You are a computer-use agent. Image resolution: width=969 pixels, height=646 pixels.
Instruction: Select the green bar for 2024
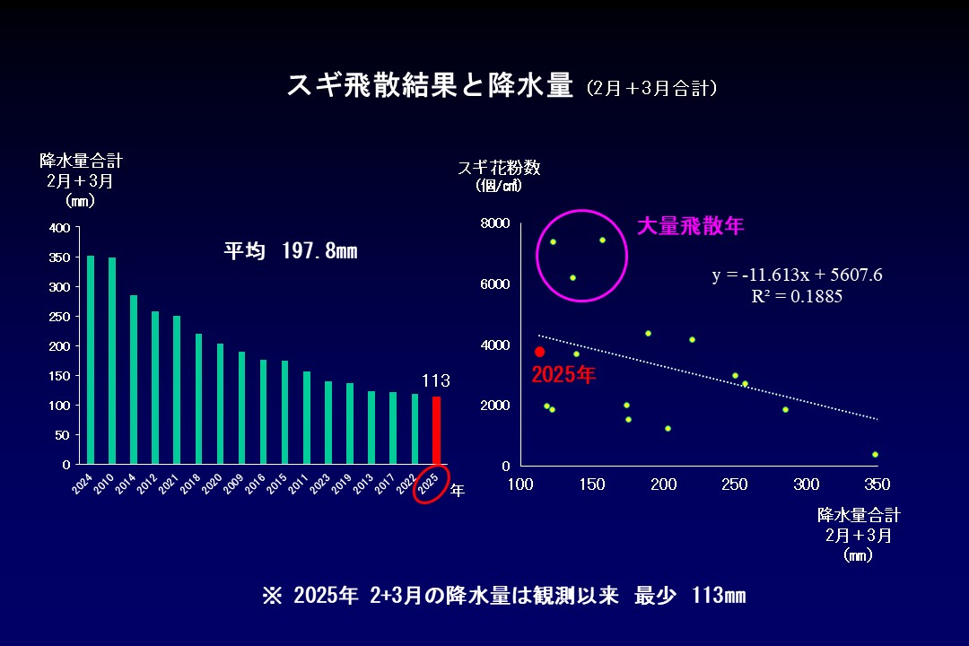91,360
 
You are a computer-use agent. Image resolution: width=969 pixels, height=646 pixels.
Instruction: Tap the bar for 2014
134,380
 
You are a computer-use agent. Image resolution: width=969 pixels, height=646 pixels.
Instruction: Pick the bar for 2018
198,399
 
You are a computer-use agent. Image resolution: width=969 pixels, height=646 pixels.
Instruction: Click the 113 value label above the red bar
436,381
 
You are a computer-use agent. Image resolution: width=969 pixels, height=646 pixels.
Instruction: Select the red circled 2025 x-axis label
430,484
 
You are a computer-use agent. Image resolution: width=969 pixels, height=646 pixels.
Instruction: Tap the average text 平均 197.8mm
290,251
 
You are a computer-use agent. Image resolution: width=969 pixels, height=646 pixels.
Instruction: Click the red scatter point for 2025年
539,352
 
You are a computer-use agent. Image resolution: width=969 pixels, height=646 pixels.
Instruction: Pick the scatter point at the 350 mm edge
875,454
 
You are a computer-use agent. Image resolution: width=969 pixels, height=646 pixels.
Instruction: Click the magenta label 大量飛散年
690,226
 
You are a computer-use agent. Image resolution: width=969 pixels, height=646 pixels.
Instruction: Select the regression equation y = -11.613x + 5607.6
797,275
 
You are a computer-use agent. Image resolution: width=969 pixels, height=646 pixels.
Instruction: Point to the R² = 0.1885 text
797,296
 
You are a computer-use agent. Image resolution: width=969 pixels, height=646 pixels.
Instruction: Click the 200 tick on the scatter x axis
663,484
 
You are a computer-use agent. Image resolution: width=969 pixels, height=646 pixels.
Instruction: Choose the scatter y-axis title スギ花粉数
499,168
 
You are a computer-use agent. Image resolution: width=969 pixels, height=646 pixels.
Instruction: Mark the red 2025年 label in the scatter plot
563,375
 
